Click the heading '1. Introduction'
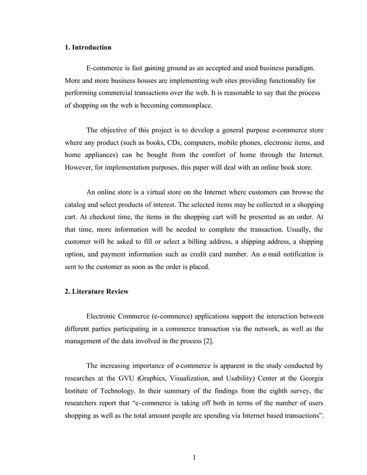(88, 47)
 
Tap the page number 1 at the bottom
(194, 457)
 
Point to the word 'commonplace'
(188, 106)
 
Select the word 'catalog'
(76, 205)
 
